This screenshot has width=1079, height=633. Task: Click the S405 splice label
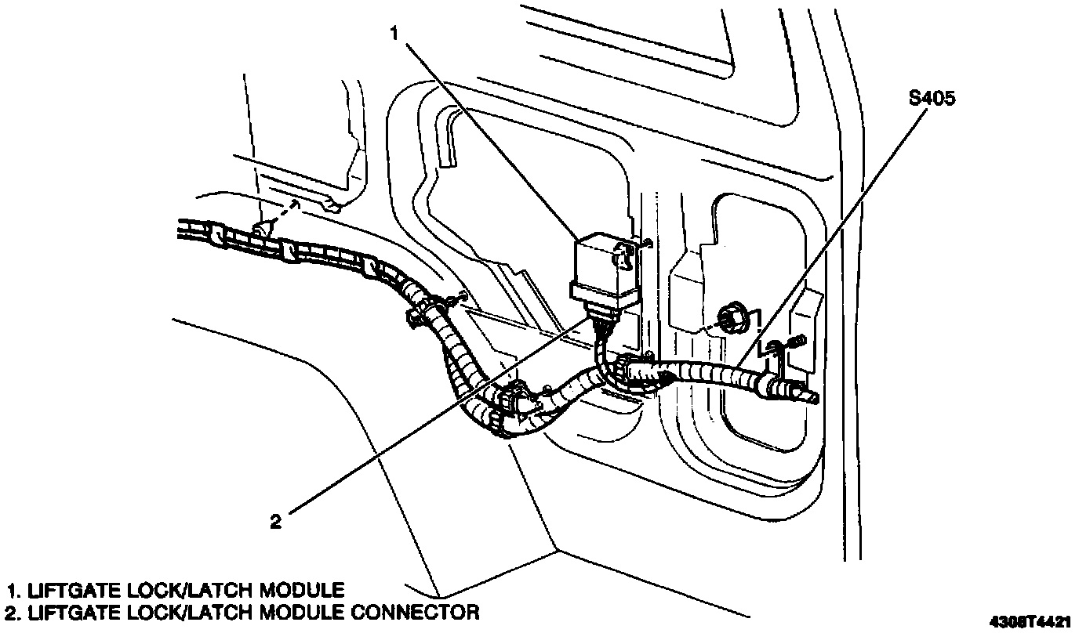pyautogui.click(x=932, y=99)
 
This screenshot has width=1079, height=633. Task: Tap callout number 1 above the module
pyautogui.click(x=396, y=34)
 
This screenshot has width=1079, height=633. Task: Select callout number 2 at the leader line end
pyautogui.click(x=275, y=521)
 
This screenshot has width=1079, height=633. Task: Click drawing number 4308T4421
pyautogui.click(x=1029, y=622)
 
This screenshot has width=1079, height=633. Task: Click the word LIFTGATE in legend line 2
pyautogui.click(x=67, y=611)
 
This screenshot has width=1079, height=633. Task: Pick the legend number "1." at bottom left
pyautogui.click(x=13, y=589)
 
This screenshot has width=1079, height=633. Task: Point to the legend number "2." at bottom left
pyautogui.click(x=13, y=611)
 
